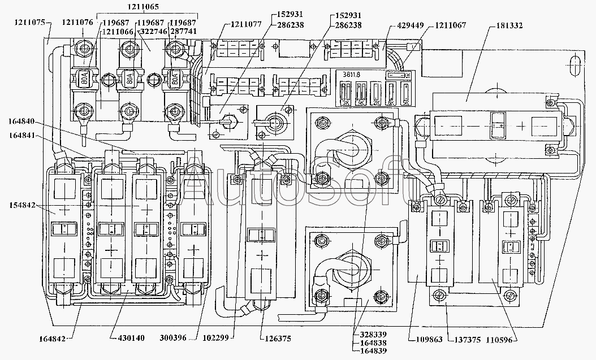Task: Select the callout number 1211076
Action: pyautogui.click(x=77, y=23)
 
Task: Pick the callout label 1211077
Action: pyautogui.click(x=246, y=25)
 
